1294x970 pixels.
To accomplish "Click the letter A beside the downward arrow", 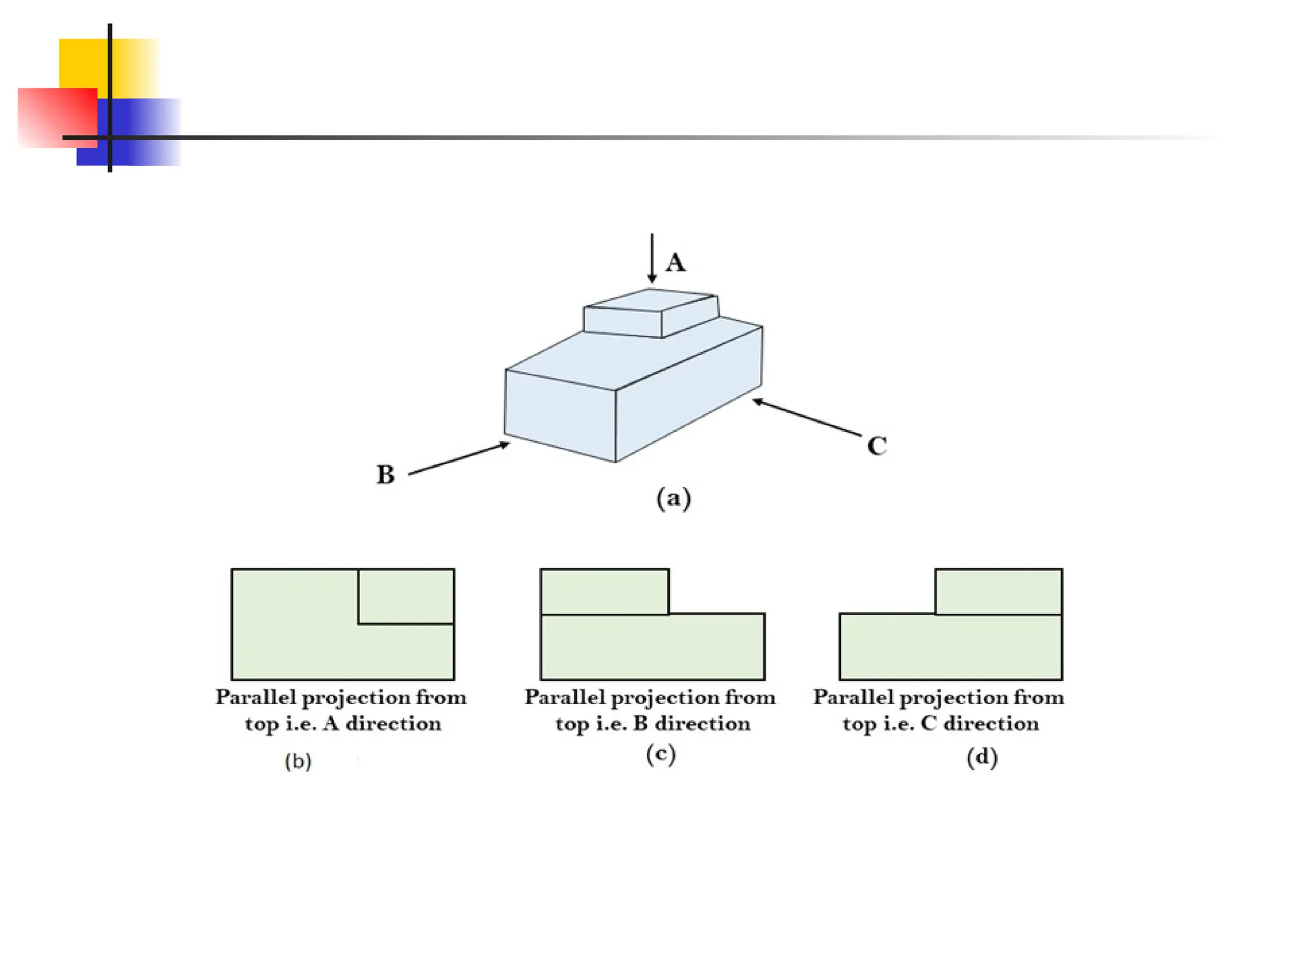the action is [x=675, y=262].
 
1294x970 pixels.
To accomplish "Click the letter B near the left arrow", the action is [x=385, y=475].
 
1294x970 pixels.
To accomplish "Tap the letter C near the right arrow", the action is [x=877, y=446].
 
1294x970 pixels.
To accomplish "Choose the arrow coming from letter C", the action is [x=807, y=417].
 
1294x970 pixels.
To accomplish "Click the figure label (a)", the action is [x=674, y=498].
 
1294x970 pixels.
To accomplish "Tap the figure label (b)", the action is [x=298, y=761].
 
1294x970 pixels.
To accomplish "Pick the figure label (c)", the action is [x=661, y=754].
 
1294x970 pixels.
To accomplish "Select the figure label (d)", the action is [x=982, y=757].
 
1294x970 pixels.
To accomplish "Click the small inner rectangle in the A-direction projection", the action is [x=406, y=596].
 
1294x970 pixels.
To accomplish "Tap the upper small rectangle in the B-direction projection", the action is [x=605, y=592].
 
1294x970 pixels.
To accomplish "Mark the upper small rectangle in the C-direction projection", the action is [x=998, y=592].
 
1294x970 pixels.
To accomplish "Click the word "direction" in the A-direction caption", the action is [x=393, y=723].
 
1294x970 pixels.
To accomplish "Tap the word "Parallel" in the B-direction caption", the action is [x=565, y=697].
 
